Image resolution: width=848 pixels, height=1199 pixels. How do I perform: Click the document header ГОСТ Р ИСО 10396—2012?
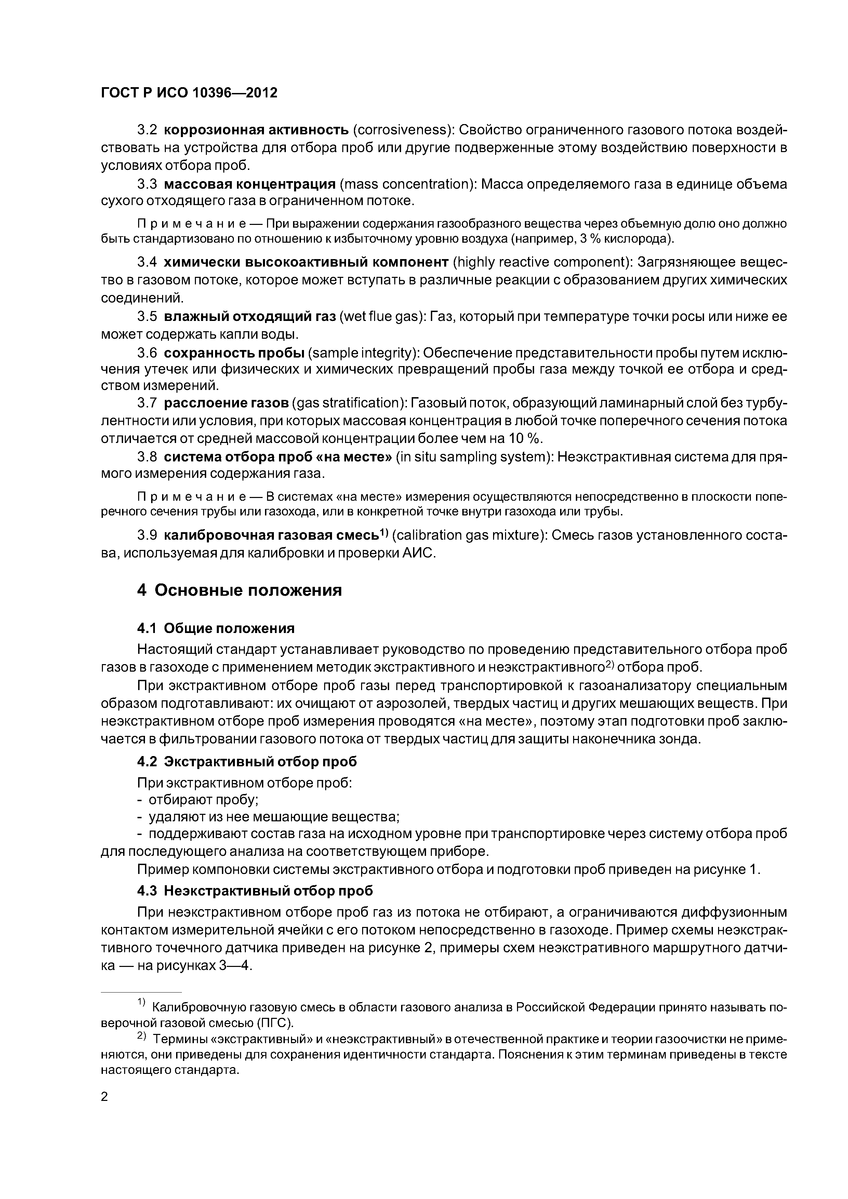[x=189, y=93]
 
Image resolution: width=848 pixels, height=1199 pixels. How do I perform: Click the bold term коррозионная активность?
[x=256, y=130]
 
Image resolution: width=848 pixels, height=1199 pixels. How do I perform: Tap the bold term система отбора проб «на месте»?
[x=277, y=457]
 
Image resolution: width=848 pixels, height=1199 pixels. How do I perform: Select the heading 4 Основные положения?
[x=239, y=590]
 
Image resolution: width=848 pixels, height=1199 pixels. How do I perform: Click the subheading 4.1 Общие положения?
[x=216, y=628]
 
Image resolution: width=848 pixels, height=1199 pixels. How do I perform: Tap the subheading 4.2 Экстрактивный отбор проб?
[x=247, y=762]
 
